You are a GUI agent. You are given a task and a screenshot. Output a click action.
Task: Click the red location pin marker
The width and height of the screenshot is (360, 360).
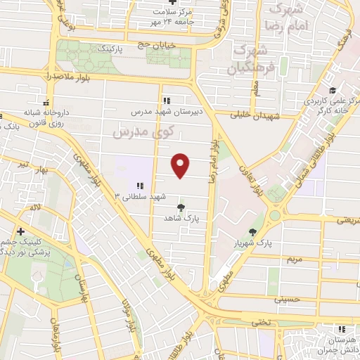pos(181,165)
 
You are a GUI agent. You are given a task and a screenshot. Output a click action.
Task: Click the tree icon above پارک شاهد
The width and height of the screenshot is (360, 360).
pos(182,207)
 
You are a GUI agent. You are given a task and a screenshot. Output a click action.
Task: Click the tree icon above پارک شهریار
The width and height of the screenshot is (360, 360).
pos(252,232)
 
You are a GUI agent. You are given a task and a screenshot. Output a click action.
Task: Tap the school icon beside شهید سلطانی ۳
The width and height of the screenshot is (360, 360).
pos(141,186)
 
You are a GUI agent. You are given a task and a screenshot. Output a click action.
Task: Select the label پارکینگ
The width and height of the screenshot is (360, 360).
pos(112,49)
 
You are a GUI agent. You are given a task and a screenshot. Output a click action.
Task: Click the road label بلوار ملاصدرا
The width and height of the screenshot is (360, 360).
pos(47,75)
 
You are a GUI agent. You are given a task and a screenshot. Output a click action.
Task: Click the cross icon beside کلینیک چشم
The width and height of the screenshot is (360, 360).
pos(21,231)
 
